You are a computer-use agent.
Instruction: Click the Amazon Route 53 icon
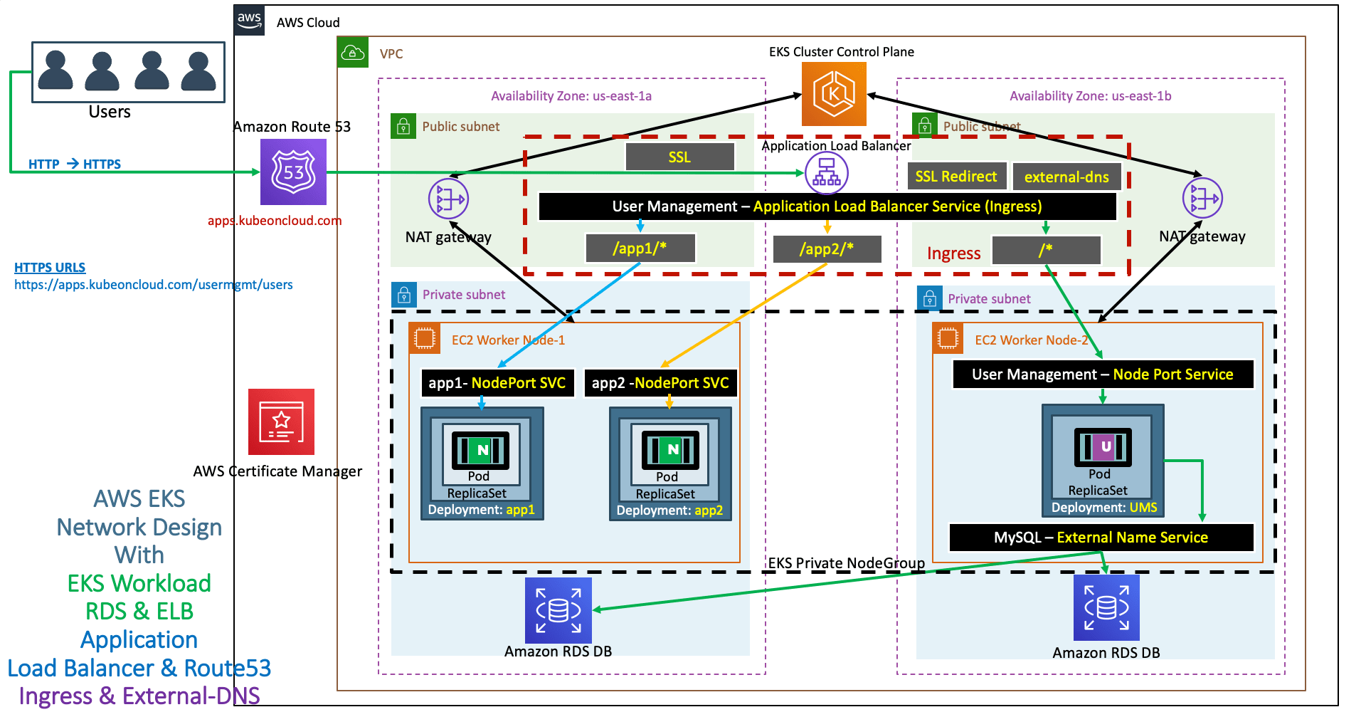point(293,172)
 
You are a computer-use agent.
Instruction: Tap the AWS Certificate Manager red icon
point(281,422)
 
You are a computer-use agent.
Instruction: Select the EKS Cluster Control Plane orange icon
point(834,94)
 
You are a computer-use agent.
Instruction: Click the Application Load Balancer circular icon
point(826,173)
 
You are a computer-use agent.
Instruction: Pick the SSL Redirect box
point(956,177)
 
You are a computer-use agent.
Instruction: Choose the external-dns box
point(1066,177)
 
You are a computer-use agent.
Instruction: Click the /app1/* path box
point(640,248)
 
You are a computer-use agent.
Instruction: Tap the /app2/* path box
point(827,249)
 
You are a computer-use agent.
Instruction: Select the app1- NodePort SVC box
point(497,383)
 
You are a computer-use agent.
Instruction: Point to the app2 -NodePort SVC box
point(660,383)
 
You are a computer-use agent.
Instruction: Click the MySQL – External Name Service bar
point(1101,538)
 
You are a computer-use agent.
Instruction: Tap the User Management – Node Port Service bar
point(1103,375)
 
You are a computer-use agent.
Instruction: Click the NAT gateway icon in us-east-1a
point(448,199)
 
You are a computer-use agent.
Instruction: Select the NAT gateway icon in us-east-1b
point(1202,198)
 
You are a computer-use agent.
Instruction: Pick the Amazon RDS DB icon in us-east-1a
point(558,610)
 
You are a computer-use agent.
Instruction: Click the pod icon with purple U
point(1103,447)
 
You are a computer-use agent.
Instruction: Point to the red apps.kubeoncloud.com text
point(275,221)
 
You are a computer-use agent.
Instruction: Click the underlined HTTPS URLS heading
point(50,268)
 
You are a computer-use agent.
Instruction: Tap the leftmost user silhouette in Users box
point(55,70)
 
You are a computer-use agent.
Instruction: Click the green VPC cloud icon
point(353,53)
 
